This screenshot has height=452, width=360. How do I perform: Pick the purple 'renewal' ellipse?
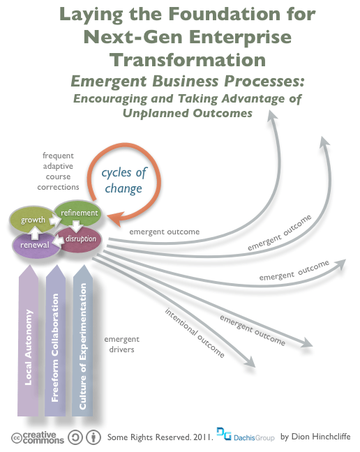click(35, 246)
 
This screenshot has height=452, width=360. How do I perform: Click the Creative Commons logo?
click(38, 437)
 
